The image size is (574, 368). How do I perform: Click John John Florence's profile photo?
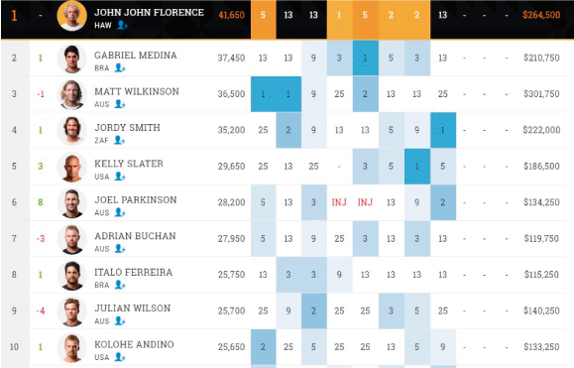click(x=71, y=16)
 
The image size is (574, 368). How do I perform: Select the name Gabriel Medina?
click(x=136, y=56)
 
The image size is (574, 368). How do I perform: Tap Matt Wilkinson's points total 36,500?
click(x=231, y=94)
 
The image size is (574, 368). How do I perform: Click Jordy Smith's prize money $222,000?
click(x=541, y=130)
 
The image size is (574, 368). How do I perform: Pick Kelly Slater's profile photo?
click(x=71, y=168)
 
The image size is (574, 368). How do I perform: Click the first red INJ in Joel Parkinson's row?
click(x=339, y=202)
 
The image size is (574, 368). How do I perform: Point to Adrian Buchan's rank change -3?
click(x=41, y=239)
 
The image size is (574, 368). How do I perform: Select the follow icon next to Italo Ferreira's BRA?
click(x=120, y=285)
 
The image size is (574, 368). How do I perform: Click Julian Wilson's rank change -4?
click(x=41, y=310)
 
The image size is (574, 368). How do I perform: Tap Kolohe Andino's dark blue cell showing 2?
click(x=263, y=347)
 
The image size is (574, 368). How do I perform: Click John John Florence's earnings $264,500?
click(x=541, y=15)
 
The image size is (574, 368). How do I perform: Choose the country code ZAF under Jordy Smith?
click(x=101, y=140)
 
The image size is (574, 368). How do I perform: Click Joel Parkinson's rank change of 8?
click(x=41, y=202)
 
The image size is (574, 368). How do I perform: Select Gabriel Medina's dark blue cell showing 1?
click(x=366, y=58)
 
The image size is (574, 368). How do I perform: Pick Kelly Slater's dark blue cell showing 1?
click(x=417, y=167)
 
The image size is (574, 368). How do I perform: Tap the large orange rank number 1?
click(x=14, y=16)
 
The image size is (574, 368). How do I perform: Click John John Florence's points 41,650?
click(x=231, y=15)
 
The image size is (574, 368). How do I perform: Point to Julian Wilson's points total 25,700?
click(x=231, y=310)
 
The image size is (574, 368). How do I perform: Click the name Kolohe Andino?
click(x=134, y=344)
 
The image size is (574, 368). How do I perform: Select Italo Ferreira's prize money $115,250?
click(x=541, y=275)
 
